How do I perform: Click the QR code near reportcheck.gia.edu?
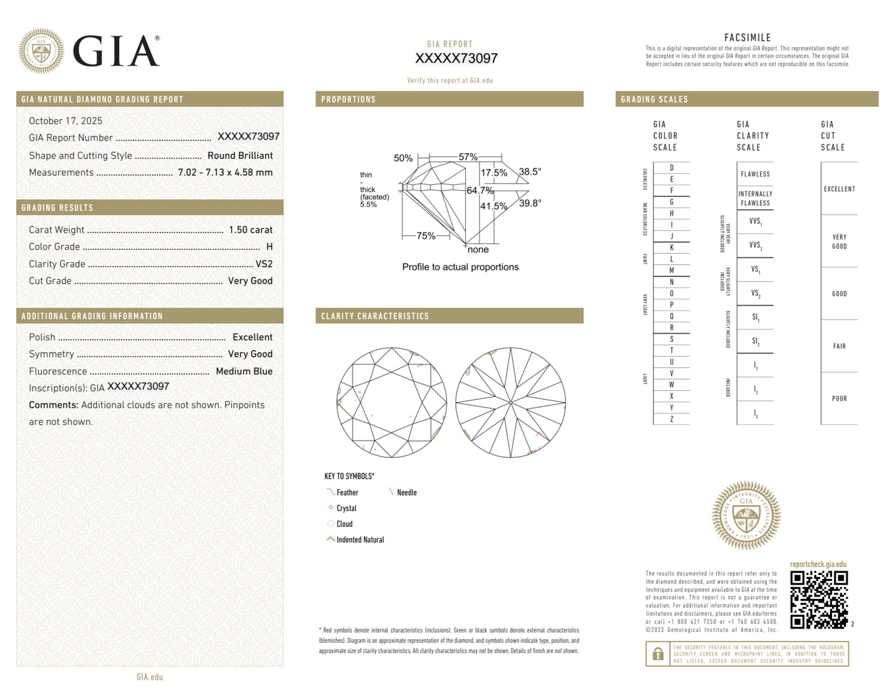coord(819,599)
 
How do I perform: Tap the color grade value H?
coord(269,247)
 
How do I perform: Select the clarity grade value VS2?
coord(264,264)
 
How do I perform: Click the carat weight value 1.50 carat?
coord(250,230)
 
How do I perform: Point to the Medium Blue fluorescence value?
coord(244,371)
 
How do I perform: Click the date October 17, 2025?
coord(66,121)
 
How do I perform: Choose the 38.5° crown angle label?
coord(530,172)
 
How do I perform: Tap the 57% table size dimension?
coord(468,157)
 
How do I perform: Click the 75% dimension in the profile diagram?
coord(426,236)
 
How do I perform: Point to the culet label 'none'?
coord(478,249)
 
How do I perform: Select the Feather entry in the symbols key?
coord(347,493)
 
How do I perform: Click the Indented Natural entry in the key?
coord(360,539)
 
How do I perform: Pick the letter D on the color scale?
coord(671,168)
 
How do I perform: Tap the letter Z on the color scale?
coord(671,419)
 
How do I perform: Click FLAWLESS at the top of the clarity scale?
coord(755,174)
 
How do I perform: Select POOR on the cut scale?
coord(839,398)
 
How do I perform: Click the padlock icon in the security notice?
coord(657,654)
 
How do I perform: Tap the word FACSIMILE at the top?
coord(747,38)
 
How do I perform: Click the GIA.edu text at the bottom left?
coord(150,677)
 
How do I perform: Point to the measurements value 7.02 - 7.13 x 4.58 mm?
coord(225,173)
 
